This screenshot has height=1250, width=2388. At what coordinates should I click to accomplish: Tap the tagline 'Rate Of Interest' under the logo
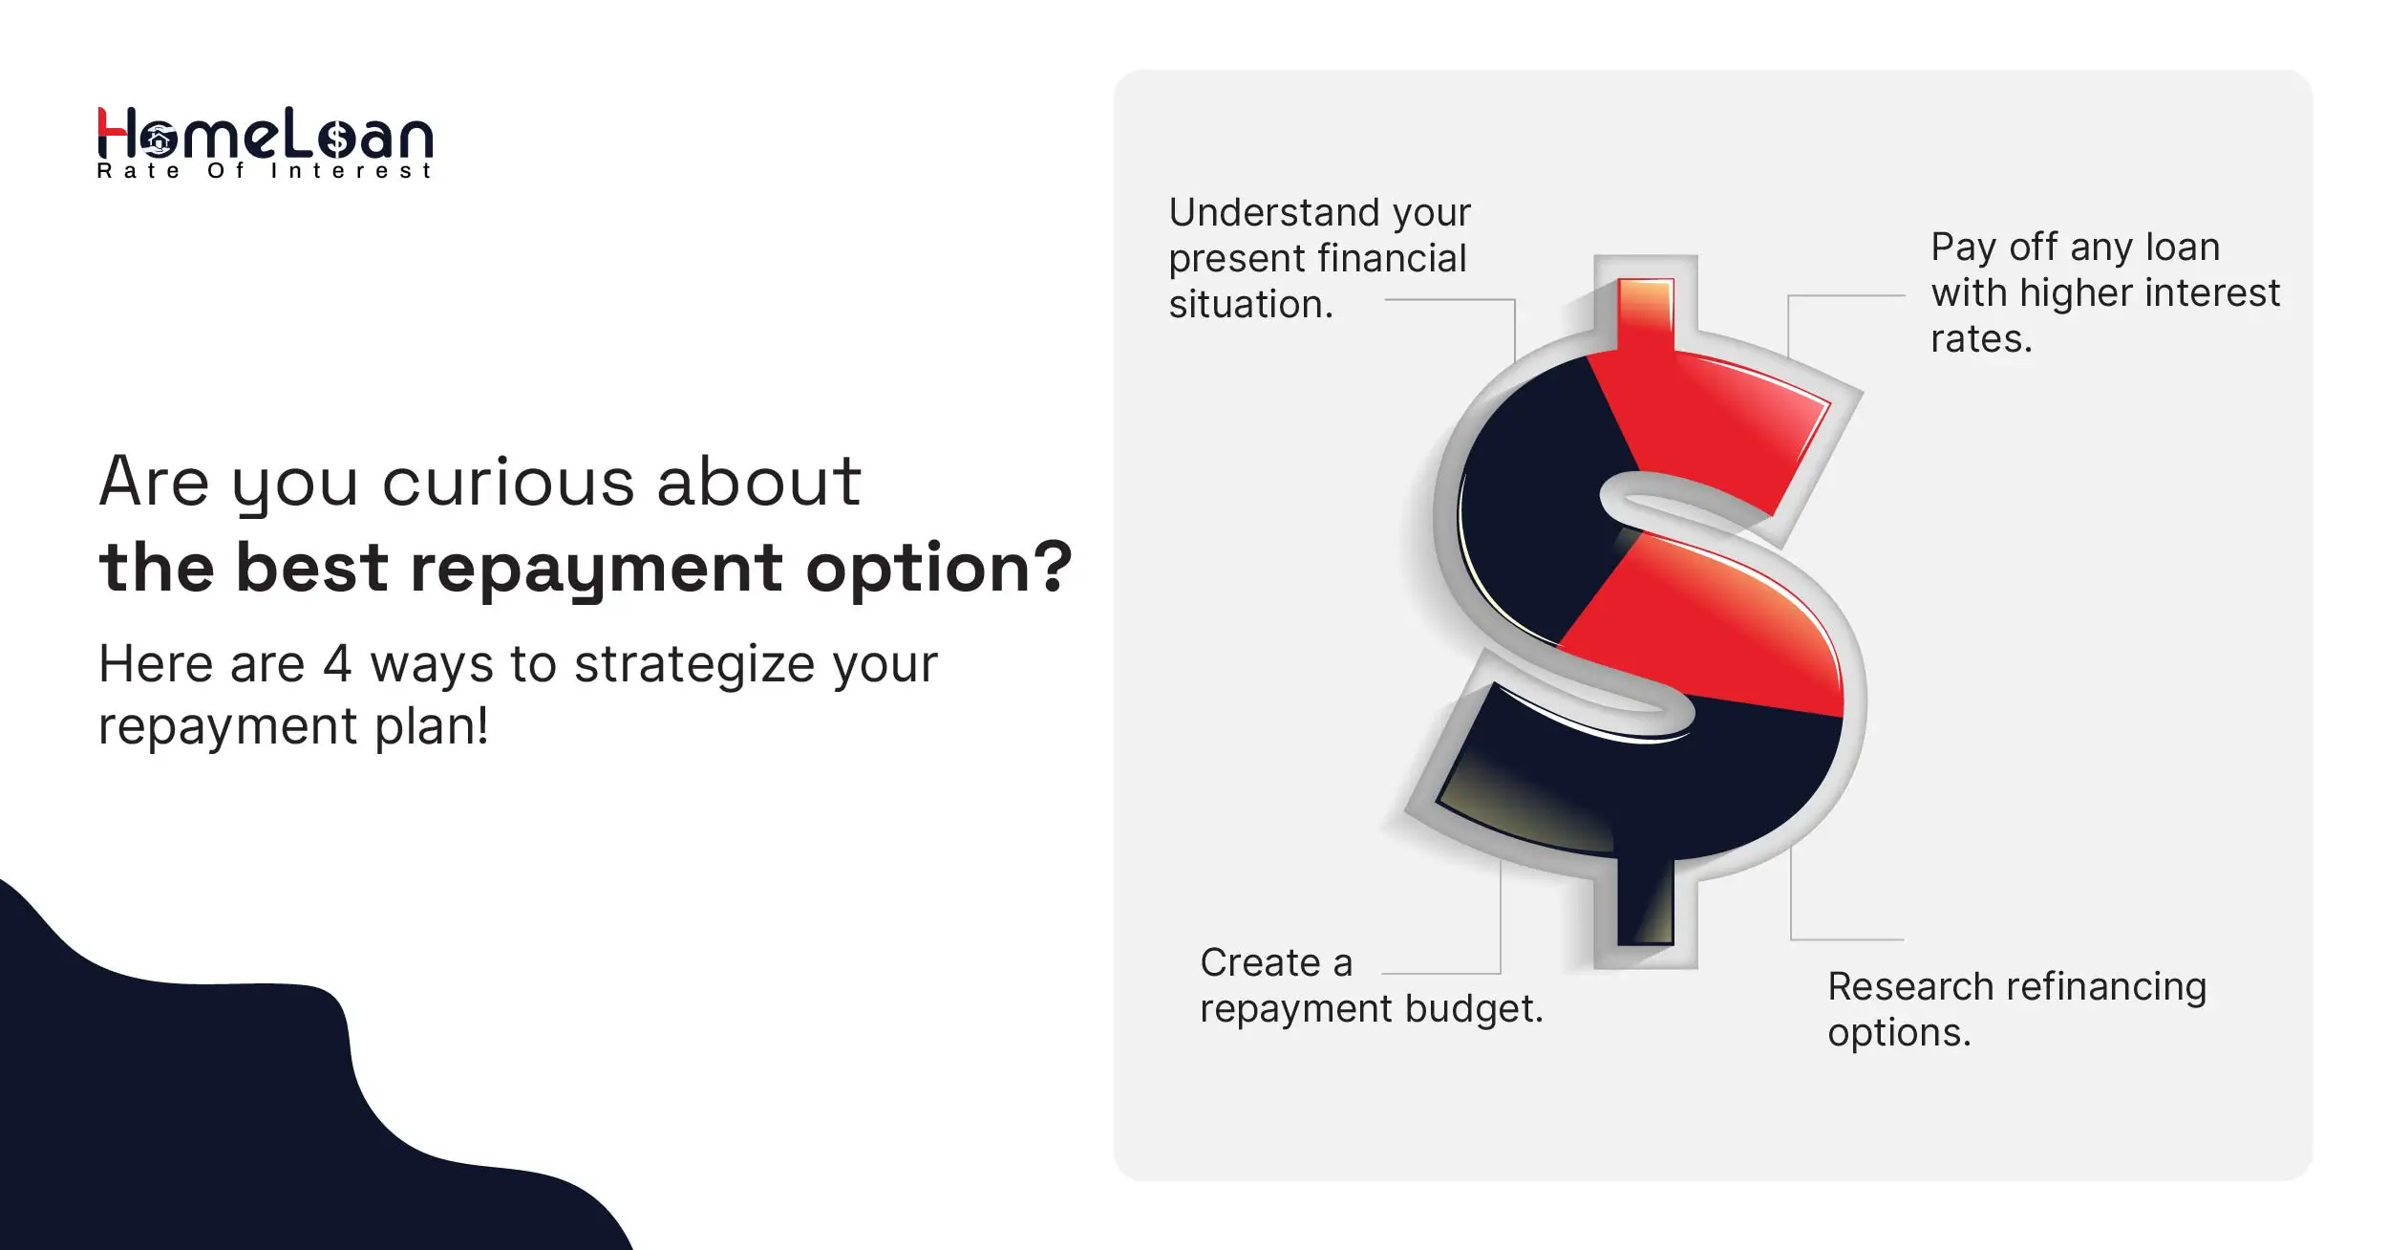(x=265, y=171)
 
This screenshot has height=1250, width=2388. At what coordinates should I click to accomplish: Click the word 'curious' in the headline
(x=508, y=482)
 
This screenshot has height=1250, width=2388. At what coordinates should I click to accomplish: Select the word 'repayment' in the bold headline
(x=596, y=570)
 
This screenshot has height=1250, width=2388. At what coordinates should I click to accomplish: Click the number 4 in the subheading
(x=337, y=664)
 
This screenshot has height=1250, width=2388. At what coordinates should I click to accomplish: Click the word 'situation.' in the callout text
(x=1250, y=305)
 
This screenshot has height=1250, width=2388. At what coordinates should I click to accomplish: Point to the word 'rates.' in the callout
(x=1981, y=339)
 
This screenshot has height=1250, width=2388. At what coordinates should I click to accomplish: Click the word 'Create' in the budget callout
(x=1259, y=963)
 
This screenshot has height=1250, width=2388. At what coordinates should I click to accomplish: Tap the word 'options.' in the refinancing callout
(x=1899, y=1033)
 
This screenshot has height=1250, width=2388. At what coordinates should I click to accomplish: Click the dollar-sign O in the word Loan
(x=337, y=140)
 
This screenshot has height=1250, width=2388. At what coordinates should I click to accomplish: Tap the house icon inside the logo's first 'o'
(x=159, y=141)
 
